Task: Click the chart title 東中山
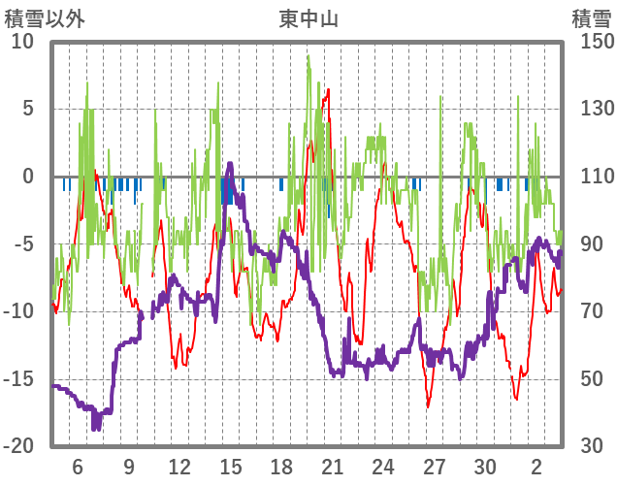[x=308, y=16]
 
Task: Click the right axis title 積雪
[x=590, y=16]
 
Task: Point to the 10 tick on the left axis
[x=22, y=42]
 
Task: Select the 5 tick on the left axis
[x=28, y=109]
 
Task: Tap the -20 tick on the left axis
[x=18, y=446]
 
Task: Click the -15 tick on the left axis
[x=18, y=378]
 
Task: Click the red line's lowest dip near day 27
[x=428, y=406]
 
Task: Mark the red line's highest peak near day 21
[x=329, y=90]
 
